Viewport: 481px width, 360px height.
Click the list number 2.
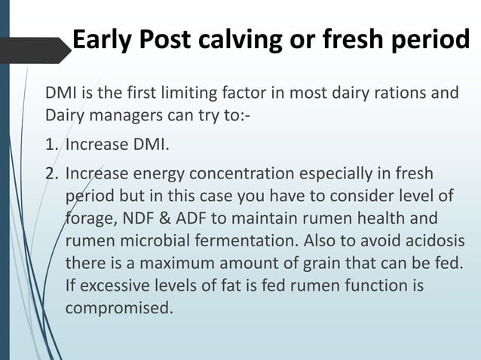[x=51, y=175]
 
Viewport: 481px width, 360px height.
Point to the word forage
[x=87, y=220]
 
